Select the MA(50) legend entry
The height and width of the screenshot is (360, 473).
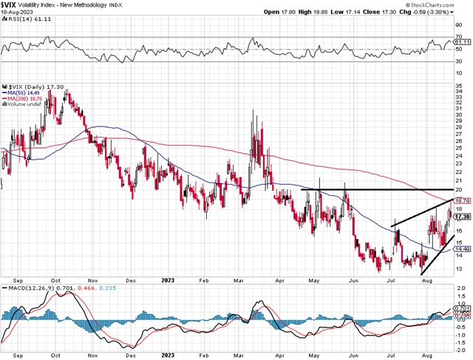pos(21,94)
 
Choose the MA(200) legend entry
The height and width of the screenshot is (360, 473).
pos(23,99)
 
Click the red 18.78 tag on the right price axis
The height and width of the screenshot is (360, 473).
pos(461,200)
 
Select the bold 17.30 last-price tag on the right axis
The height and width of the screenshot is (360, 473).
pos(461,217)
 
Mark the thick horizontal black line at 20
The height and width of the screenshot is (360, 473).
pos(370,190)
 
